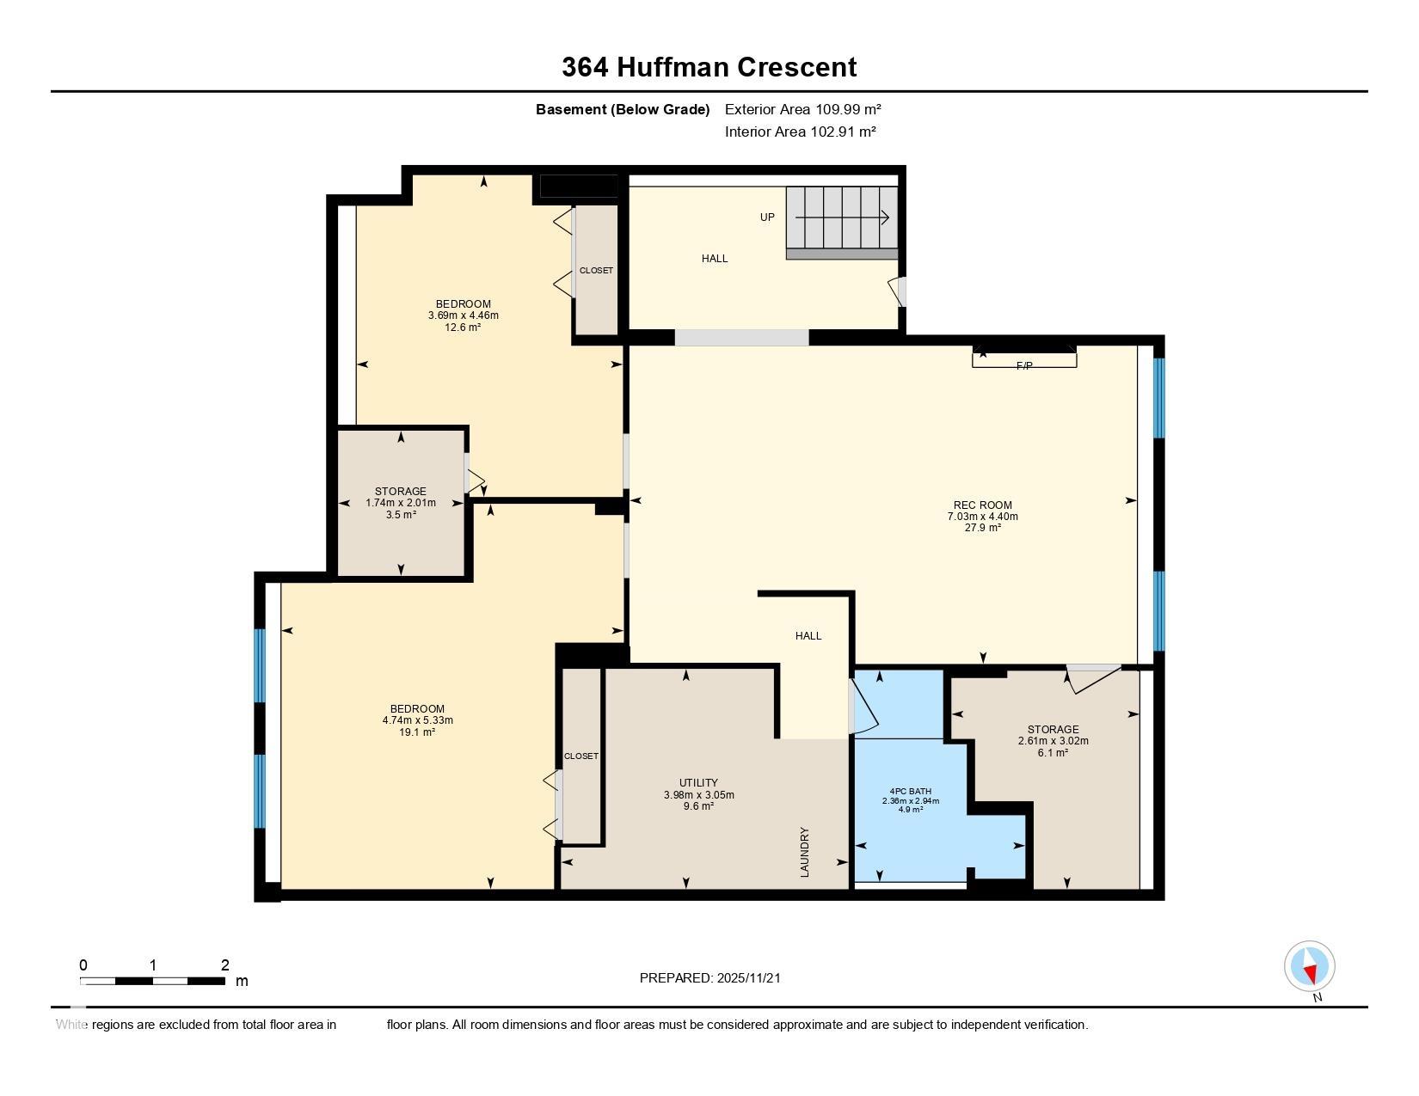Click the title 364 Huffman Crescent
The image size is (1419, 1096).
click(x=709, y=67)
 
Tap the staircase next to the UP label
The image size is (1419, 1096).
click(x=841, y=222)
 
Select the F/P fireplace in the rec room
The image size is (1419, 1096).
click(x=1024, y=358)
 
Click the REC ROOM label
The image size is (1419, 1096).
click(x=982, y=505)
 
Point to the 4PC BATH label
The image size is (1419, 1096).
click(x=910, y=791)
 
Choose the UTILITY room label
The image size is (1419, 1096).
click(x=698, y=782)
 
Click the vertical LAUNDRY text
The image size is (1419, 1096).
click(x=804, y=852)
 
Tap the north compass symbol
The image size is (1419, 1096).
click(x=1309, y=967)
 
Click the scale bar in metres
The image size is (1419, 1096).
click(x=153, y=981)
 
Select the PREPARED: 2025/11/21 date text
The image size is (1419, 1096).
click(x=709, y=978)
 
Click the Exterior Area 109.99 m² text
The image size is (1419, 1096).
click(x=802, y=109)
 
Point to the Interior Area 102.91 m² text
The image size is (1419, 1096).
click(x=800, y=132)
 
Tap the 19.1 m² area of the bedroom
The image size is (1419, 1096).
click(x=417, y=732)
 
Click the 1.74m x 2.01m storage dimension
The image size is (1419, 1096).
click(x=400, y=503)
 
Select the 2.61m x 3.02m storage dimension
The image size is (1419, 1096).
click(x=1053, y=741)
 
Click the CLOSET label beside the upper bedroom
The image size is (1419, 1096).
click(x=596, y=270)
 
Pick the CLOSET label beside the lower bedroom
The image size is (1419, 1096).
click(x=581, y=756)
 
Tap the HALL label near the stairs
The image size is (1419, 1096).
click(x=715, y=259)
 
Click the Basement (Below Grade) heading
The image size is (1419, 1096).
click(x=623, y=110)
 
